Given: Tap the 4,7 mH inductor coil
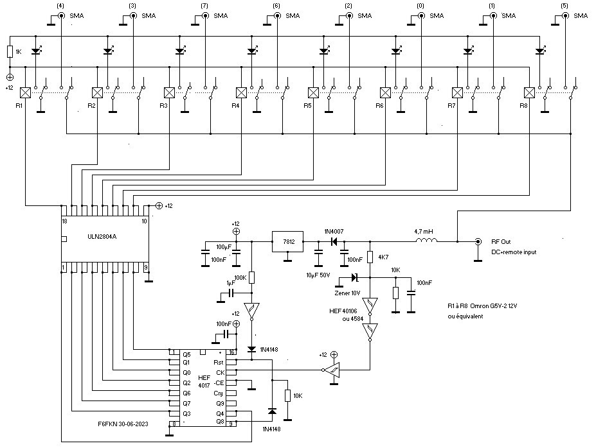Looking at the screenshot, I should (x=427, y=241).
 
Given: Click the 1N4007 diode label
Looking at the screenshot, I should (x=334, y=230).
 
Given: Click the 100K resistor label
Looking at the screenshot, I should (x=239, y=277).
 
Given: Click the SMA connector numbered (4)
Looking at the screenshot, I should (x=60, y=15).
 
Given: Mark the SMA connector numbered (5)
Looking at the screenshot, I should (x=564, y=15).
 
